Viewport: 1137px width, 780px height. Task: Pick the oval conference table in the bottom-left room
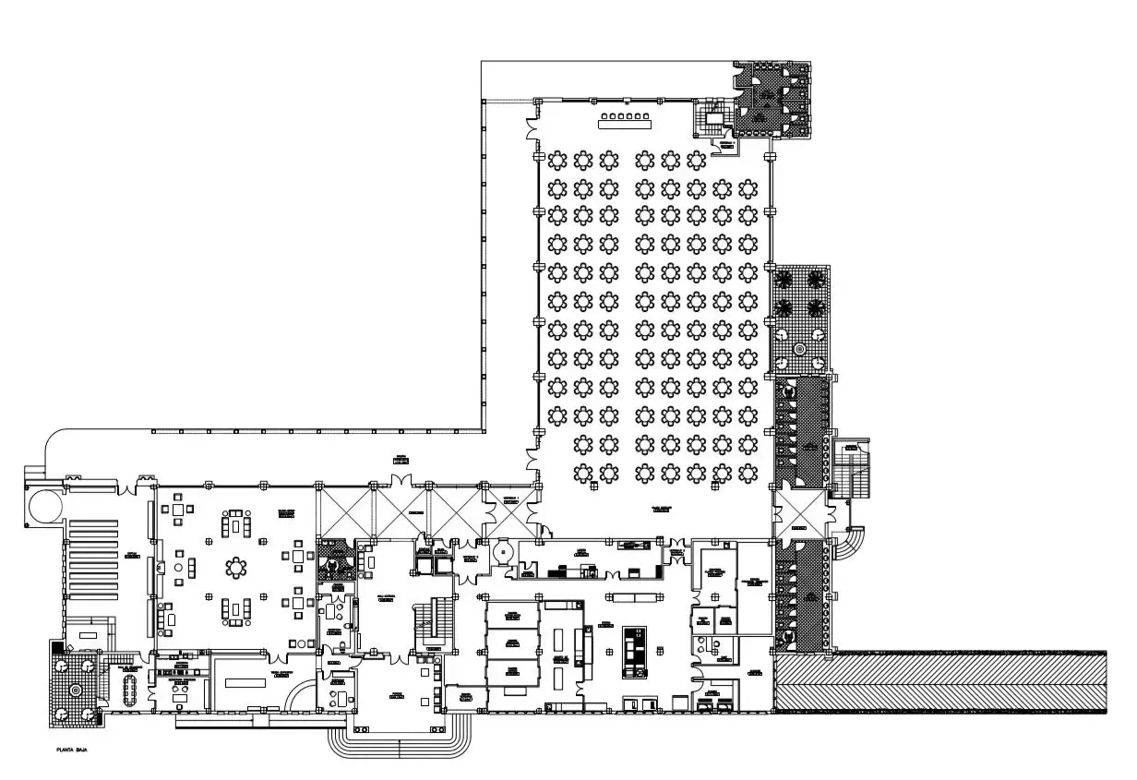coord(128,689)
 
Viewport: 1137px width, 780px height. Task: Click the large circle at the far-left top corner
coord(41,504)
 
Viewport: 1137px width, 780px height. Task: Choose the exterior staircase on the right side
coord(851,470)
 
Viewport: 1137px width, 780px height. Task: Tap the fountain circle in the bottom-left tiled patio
coord(75,689)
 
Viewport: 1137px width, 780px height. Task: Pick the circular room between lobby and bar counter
coord(501,551)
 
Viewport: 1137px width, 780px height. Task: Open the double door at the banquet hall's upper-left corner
coord(533,128)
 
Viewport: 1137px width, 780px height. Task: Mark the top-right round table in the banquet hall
coord(748,162)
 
